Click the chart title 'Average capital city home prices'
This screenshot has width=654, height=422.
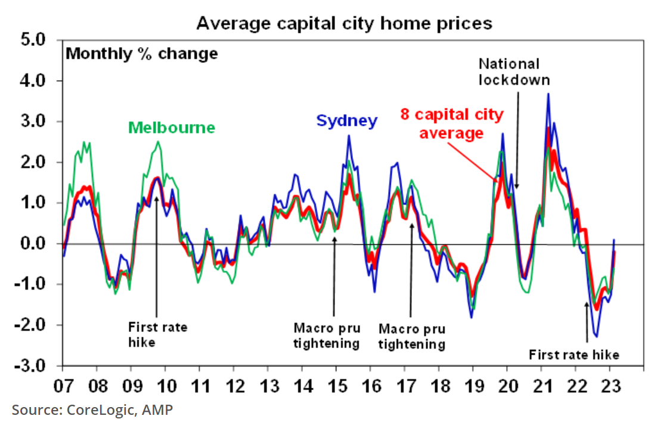click(x=345, y=23)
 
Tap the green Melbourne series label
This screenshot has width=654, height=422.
click(x=172, y=128)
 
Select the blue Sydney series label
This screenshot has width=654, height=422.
click(x=346, y=121)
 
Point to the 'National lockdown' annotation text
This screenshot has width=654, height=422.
click(x=513, y=71)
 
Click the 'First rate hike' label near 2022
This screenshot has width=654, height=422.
click(x=574, y=355)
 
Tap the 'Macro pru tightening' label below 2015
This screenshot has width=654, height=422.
click(x=326, y=336)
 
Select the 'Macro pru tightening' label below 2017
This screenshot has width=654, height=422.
click(x=412, y=337)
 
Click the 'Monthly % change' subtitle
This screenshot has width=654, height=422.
click(x=141, y=54)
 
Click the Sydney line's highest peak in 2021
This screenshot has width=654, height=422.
click(x=548, y=94)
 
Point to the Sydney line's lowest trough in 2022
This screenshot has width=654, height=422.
click(x=596, y=337)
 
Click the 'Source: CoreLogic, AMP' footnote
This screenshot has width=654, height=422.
click(x=92, y=409)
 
